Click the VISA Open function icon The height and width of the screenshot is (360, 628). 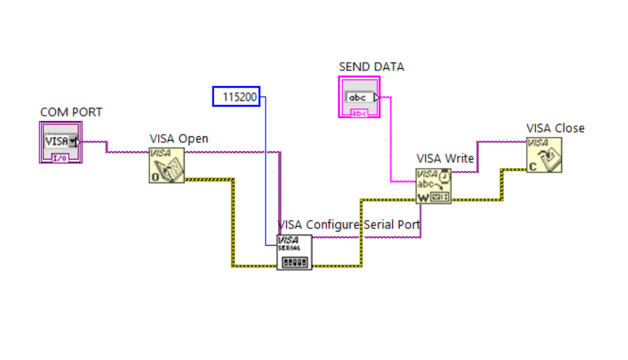pos(166,165)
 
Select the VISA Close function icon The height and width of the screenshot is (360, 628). pos(545,155)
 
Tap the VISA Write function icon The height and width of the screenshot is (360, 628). pos(433,186)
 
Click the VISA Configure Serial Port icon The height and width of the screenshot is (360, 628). pos(294,252)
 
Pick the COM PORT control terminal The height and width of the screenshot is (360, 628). pos(60,143)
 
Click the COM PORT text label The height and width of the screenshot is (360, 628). pos(70,112)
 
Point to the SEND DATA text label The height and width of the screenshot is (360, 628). pos(371,67)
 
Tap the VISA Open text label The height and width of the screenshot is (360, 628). pos(179,138)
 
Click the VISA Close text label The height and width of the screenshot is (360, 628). pos(555,128)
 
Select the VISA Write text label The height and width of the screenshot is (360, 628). pos(445,158)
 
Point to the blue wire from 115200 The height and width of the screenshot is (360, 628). pos(266,174)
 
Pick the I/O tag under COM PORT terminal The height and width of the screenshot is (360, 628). pos(60,159)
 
